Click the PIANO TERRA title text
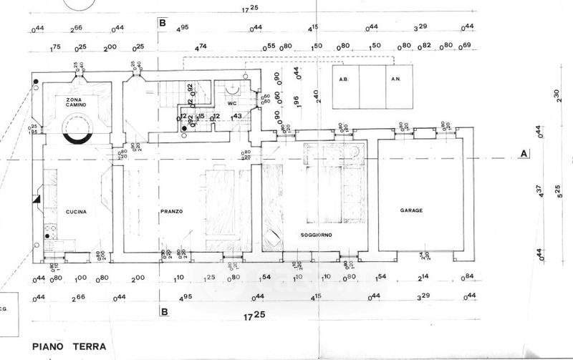point(69,346)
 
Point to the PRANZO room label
point(172,211)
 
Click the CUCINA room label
point(76,212)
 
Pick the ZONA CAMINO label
point(77,102)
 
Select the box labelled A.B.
point(343,79)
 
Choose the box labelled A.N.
point(395,79)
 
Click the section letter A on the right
point(524,153)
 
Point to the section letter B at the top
point(163,23)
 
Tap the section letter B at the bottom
point(164,311)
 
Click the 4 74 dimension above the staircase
point(203,47)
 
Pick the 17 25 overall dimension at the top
point(250,9)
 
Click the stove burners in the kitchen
point(50,231)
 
